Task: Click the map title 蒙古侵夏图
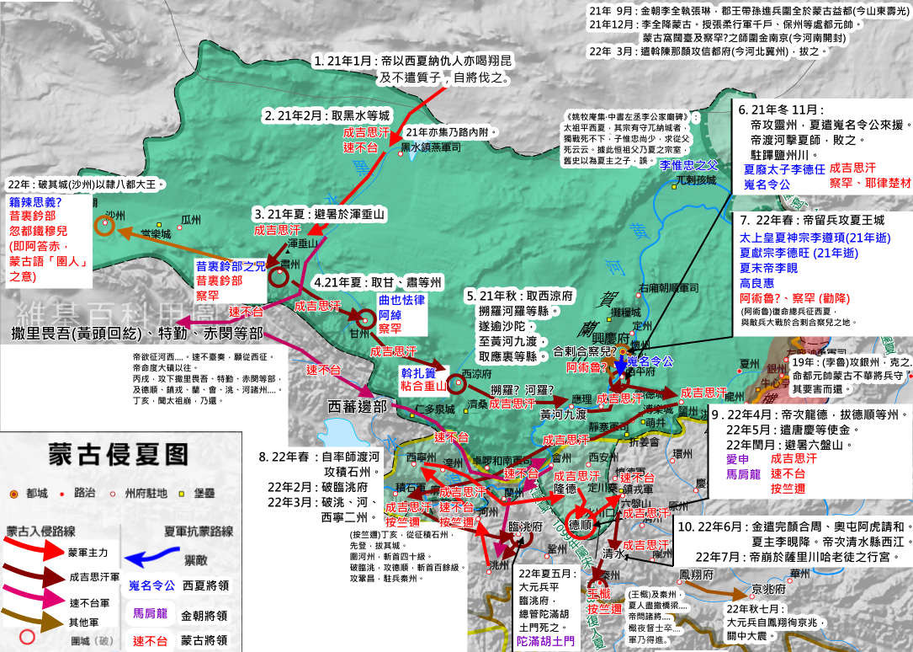[118, 454]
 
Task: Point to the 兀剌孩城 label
[696, 180]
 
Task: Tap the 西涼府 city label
[475, 375]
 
